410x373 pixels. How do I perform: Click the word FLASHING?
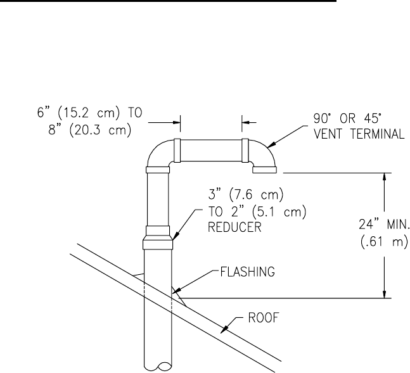pos(247,272)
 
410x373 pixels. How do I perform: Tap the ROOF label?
pos(264,318)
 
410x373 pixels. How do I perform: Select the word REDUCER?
pos(234,227)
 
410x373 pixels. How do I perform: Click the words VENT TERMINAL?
pos(359,134)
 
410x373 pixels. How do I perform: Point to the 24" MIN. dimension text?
pos(383,224)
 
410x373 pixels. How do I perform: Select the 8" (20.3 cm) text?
pos(90,129)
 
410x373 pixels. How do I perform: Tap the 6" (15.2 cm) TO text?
pos(90,113)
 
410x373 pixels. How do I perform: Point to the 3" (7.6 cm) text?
pos(246,194)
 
